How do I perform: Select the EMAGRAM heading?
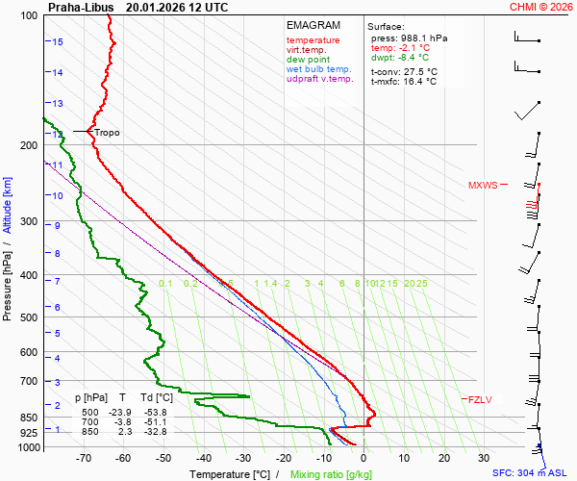[x=314, y=24]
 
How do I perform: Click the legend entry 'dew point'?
[x=308, y=60]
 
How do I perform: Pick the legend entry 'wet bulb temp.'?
[x=318, y=70]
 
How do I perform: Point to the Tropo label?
[x=107, y=132]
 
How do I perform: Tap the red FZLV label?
[x=478, y=399]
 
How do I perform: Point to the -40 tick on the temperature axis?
[x=204, y=460]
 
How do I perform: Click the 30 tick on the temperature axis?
[x=484, y=460]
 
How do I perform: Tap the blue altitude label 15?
[x=58, y=42]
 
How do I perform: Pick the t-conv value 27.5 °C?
[x=419, y=71]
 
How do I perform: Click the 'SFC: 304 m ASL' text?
[x=532, y=473]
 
